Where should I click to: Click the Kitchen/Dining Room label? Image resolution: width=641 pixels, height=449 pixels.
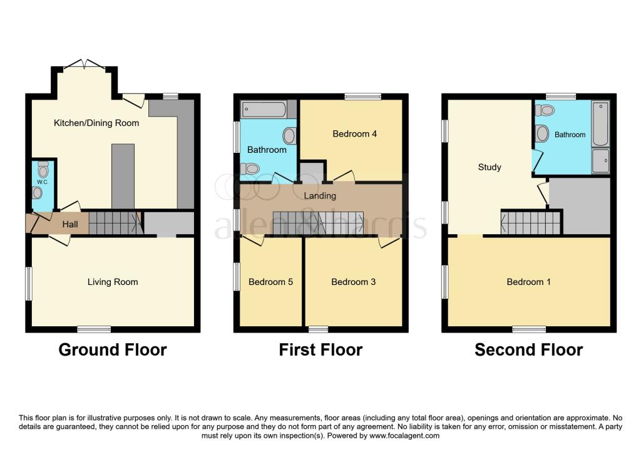point(96,123)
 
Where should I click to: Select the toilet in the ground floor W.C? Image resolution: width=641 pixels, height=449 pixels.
point(43,170)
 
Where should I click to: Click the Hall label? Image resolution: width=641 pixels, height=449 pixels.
point(70,224)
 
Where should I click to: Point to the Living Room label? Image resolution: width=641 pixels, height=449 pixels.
point(113,282)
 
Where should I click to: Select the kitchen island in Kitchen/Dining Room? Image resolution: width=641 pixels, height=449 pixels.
point(123,175)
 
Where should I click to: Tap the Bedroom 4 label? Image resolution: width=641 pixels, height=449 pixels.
point(354,134)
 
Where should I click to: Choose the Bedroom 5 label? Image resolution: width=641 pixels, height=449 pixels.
point(270,282)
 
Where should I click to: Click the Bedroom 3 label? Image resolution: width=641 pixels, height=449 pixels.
point(353,282)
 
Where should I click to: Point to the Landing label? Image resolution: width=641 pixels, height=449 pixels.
point(320,195)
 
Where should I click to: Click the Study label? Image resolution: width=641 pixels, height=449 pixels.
point(489,167)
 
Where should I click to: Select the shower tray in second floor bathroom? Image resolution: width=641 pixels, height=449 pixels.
point(600,161)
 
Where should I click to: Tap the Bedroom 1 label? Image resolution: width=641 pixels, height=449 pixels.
point(528,282)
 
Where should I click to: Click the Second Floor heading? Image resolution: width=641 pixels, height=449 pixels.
point(528,349)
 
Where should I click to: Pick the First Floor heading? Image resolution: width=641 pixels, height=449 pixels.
point(320,349)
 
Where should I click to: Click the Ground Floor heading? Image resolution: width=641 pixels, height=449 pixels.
point(113,349)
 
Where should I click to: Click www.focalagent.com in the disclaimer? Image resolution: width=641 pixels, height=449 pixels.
point(404,435)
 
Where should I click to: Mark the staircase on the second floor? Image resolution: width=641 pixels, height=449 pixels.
point(530,222)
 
